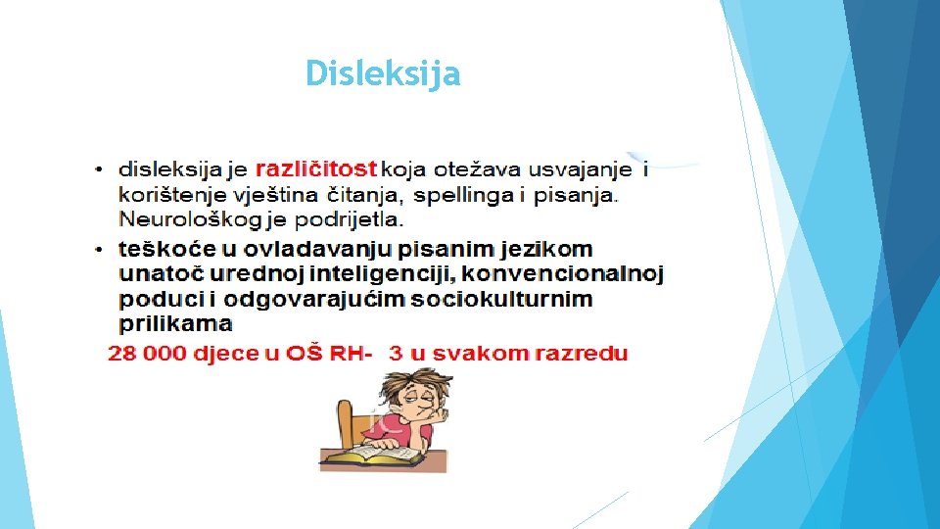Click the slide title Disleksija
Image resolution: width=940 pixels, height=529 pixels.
382,73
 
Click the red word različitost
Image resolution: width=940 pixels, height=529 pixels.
317,168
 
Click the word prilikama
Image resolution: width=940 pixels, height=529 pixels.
175,323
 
